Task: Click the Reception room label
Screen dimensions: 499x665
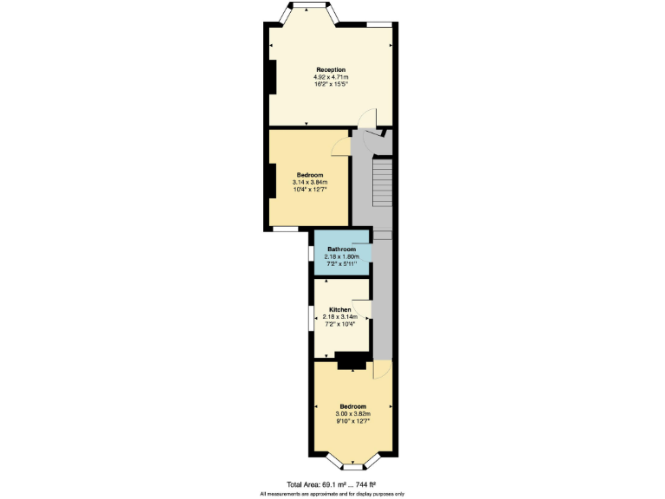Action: point(331,69)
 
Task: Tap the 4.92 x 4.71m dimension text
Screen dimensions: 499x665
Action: point(331,77)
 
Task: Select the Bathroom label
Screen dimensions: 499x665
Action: point(341,249)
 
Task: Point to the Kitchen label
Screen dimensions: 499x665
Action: point(339,309)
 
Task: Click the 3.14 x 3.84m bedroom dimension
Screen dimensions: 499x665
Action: point(310,182)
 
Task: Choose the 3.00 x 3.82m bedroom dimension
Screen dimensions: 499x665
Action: point(352,414)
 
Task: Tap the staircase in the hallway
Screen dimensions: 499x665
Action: point(382,182)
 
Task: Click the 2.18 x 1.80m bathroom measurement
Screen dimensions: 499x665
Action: point(341,256)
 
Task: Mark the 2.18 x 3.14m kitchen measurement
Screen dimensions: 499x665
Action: point(339,317)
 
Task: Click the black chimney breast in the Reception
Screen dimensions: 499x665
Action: point(272,78)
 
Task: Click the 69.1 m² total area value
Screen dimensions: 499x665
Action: point(335,484)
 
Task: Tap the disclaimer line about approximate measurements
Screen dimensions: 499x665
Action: point(332,493)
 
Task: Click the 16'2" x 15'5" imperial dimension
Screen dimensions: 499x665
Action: point(331,85)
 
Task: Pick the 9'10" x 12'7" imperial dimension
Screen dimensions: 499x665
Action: point(352,422)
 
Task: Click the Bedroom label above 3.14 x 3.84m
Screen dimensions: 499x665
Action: point(310,174)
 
